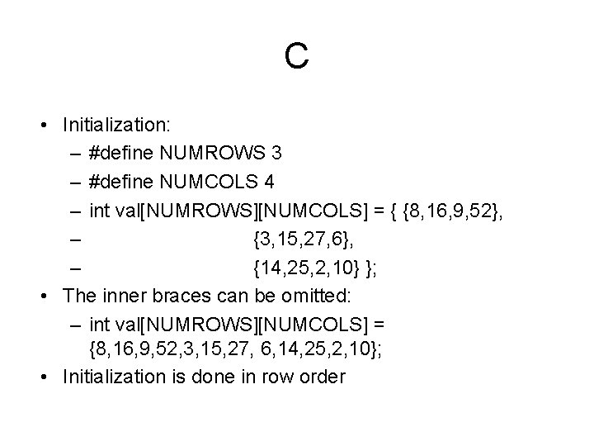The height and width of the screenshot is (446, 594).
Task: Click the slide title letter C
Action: coord(296,56)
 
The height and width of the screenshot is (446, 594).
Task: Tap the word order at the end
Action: coord(324,377)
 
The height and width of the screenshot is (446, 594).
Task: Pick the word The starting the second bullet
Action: coord(79,295)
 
